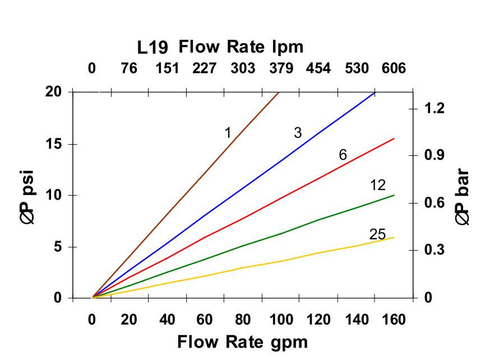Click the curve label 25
377,234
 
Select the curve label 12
378,186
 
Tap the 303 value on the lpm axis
242,68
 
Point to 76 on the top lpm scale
129,68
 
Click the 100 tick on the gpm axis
280,320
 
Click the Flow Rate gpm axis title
242,341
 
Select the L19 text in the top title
151,48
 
